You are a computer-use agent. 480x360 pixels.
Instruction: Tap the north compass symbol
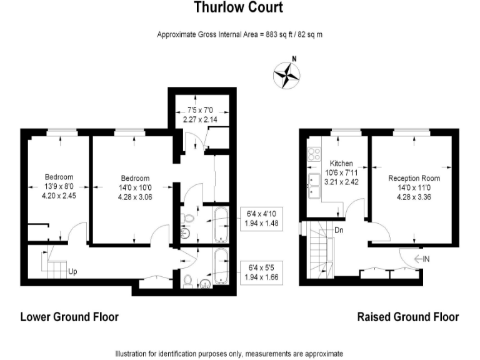click(x=286, y=74)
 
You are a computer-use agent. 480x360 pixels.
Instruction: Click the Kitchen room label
click(x=341, y=163)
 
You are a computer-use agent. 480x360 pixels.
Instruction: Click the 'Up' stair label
click(x=73, y=272)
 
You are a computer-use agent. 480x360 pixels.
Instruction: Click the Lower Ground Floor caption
click(x=69, y=317)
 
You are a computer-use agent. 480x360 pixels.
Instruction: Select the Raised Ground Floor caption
click(x=407, y=317)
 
